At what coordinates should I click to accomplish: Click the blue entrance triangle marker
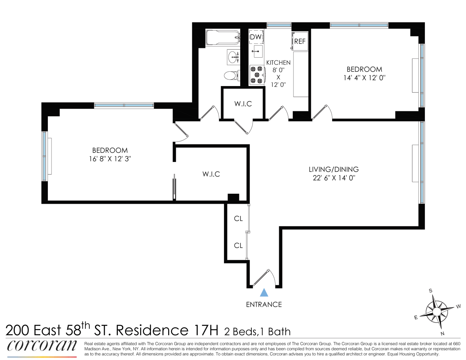[264, 292]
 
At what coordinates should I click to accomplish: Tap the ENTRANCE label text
[264, 305]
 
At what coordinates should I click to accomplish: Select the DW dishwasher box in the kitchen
[256, 37]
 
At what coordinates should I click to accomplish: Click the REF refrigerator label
[300, 41]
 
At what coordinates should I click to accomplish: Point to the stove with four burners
[257, 75]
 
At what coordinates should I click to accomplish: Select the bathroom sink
[233, 57]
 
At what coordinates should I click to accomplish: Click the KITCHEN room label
[278, 63]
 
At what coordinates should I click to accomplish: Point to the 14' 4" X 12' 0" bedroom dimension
[364, 78]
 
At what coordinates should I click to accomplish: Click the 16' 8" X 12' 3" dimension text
[110, 159]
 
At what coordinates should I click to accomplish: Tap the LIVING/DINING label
[334, 169]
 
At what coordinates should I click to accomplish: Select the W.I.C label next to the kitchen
[243, 104]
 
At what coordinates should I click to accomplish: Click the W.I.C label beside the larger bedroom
[211, 174]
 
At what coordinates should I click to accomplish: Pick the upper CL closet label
[238, 219]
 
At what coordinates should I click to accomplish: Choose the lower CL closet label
[238, 246]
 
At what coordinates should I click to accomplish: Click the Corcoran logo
[42, 346]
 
